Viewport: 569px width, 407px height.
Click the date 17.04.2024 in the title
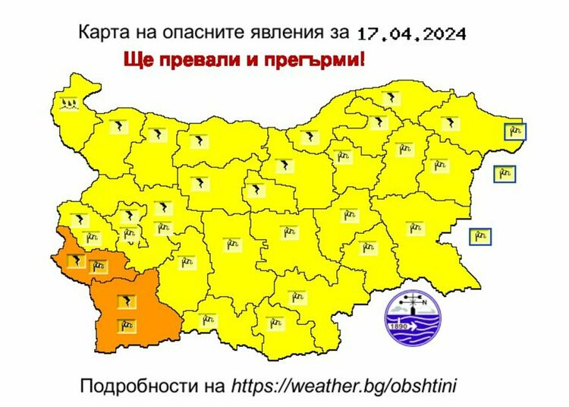[412, 33]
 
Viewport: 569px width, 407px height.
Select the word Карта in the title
[100, 33]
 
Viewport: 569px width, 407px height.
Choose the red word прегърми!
[319, 60]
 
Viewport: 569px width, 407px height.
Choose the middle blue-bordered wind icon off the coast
[503, 175]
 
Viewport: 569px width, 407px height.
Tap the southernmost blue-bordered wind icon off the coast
[479, 235]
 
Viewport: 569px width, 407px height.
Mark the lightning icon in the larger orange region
[125, 302]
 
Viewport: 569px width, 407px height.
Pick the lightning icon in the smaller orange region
[75, 261]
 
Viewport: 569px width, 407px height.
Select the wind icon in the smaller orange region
[98, 267]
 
